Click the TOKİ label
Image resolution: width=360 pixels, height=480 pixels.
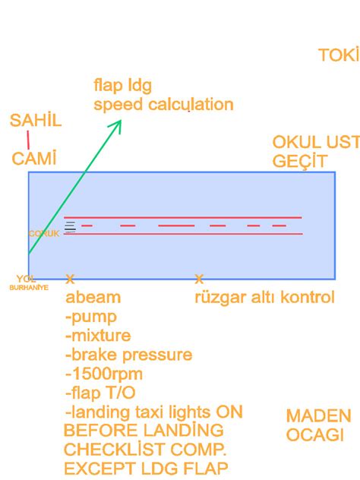click(338, 55)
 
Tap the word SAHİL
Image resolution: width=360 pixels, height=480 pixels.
click(36, 121)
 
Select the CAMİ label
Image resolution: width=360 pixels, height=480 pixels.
click(34, 158)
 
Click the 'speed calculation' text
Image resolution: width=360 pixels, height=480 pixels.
click(163, 104)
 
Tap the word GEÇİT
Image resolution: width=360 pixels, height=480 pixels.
click(299, 161)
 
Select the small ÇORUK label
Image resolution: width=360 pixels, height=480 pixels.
click(44, 233)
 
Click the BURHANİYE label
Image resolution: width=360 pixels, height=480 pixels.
click(29, 288)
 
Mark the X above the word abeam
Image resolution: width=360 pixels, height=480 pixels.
click(70, 279)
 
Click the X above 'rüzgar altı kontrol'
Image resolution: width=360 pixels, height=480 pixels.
click(199, 279)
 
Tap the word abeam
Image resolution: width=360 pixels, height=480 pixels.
click(93, 297)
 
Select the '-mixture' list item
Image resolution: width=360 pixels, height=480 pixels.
click(98, 335)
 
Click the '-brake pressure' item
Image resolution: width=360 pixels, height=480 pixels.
click(128, 355)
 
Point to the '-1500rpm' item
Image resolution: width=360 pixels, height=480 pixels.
click(104, 374)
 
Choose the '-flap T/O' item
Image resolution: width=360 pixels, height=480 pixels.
click(100, 393)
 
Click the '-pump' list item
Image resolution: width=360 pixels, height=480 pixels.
click(91, 316)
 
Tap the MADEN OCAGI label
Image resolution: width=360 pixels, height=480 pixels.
click(318, 425)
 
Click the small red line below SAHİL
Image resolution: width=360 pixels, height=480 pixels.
click(28, 139)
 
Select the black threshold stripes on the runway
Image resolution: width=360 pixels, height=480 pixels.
click(71, 226)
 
